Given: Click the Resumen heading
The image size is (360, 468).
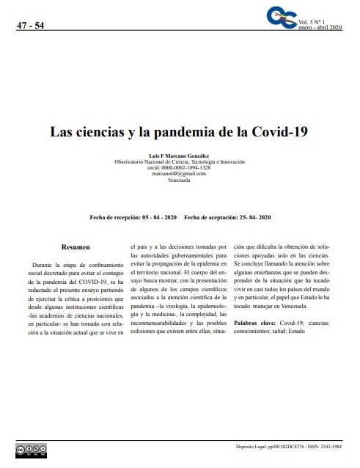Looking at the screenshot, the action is (x=76, y=248).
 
